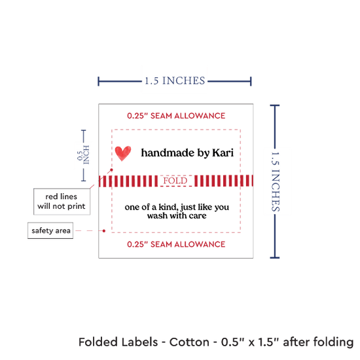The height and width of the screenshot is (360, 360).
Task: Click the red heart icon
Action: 123,153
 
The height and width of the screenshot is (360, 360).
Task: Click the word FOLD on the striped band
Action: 175,181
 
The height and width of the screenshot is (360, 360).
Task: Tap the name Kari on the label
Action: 223,153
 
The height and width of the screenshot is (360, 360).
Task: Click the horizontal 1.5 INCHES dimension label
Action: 175,81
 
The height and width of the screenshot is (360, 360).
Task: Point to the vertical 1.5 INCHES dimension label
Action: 276,181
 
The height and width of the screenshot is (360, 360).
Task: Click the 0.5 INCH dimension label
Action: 83,155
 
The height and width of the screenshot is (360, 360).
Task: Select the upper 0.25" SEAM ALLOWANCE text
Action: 176,116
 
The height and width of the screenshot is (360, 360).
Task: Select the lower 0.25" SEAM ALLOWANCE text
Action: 176,244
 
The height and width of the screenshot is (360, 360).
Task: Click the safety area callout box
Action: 50,230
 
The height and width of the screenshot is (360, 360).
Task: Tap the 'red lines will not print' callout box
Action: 62,202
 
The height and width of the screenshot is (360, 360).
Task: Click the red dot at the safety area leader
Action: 104,231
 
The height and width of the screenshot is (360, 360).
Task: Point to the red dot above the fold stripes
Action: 111,170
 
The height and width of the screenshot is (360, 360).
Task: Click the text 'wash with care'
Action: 177,216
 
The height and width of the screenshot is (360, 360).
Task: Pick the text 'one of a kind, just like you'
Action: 177,207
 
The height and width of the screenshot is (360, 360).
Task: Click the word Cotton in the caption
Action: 189,342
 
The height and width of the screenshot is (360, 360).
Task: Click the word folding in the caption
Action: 333,342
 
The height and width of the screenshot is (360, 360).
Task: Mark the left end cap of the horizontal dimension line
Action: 98,82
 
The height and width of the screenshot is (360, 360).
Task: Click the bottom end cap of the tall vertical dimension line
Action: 275,258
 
